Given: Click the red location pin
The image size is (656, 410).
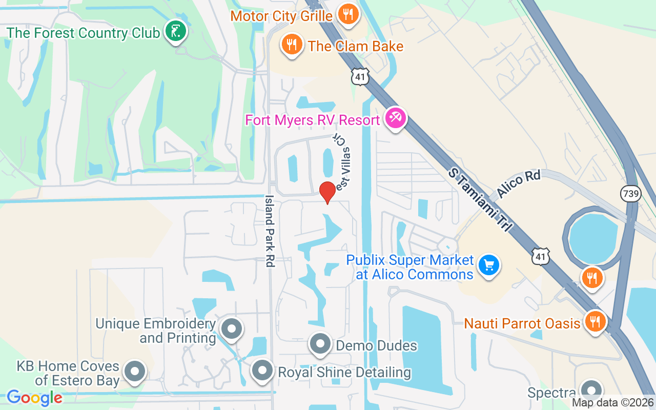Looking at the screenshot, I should pyautogui.click(x=327, y=192).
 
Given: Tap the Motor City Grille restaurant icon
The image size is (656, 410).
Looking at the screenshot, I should pyautogui.click(x=348, y=14).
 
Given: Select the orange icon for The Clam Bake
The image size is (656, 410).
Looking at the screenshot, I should pyautogui.click(x=292, y=45).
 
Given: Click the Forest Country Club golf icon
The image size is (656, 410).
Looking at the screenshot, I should pyautogui.click(x=175, y=32).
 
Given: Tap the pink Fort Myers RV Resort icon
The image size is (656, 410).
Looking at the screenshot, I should pyautogui.click(x=395, y=119).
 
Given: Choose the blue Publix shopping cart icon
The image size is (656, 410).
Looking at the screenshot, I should pyautogui.click(x=488, y=265).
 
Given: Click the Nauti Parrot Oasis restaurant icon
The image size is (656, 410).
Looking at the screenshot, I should pyautogui.click(x=594, y=322).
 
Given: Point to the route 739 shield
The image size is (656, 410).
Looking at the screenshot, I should pyautogui.click(x=630, y=194).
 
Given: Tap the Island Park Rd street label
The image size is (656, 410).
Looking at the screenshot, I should pyautogui.click(x=270, y=231).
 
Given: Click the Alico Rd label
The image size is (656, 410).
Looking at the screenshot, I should pyautogui.click(x=519, y=184).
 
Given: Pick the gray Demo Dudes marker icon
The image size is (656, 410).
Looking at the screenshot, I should pyautogui.click(x=320, y=344).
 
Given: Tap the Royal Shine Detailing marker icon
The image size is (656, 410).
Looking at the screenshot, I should pyautogui.click(x=263, y=371).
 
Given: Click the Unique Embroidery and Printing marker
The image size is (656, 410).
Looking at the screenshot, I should pyautogui.click(x=231, y=329).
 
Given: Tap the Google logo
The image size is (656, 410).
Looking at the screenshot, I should pyautogui.click(x=34, y=397).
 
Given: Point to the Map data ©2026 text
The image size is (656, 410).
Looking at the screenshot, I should pyautogui.click(x=612, y=403).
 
